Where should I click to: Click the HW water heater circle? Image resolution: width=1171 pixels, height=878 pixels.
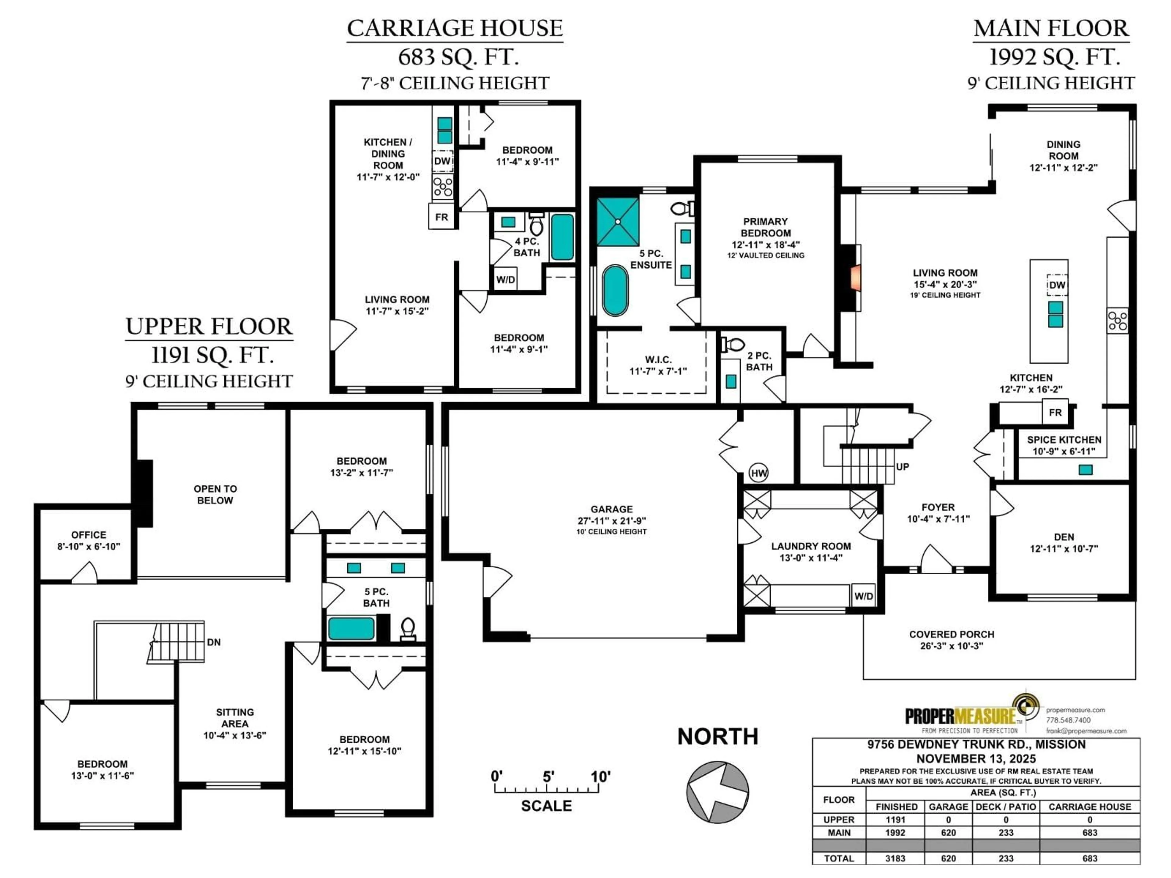tap(759, 473)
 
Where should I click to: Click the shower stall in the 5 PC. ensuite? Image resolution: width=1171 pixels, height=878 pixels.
tap(618, 221)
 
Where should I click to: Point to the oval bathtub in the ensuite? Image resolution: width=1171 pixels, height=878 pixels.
tap(615, 291)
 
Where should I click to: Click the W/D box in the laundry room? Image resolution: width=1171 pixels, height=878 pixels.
tap(863, 596)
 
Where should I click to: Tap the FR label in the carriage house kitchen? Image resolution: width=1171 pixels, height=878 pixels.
tap(442, 217)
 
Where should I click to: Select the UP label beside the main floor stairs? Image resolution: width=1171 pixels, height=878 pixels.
tap(903, 467)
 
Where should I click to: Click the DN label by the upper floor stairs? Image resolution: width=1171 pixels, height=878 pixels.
tap(214, 642)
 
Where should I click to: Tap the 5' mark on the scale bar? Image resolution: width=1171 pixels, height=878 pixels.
tap(548, 777)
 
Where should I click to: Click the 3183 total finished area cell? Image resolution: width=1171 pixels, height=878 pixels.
tap(895, 858)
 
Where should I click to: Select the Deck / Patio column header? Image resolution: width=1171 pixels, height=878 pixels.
tap(1006, 807)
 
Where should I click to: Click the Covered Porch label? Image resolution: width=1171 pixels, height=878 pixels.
tap(951, 634)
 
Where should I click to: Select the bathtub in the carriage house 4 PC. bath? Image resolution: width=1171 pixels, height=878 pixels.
tap(562, 237)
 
